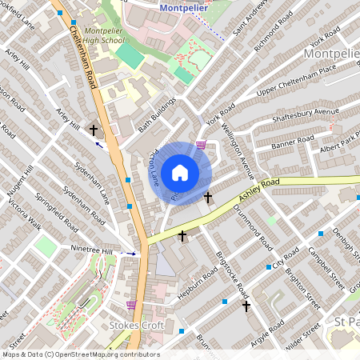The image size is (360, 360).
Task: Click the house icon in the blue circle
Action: [x=180, y=172]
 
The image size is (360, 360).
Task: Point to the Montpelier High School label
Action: [x=104, y=34]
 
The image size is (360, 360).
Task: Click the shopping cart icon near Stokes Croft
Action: [x=131, y=305]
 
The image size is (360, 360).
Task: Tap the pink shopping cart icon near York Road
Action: [x=201, y=145]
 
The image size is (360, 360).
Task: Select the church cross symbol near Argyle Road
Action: [x=246, y=306]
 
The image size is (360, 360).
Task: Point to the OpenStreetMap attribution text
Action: [x=80, y=354]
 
